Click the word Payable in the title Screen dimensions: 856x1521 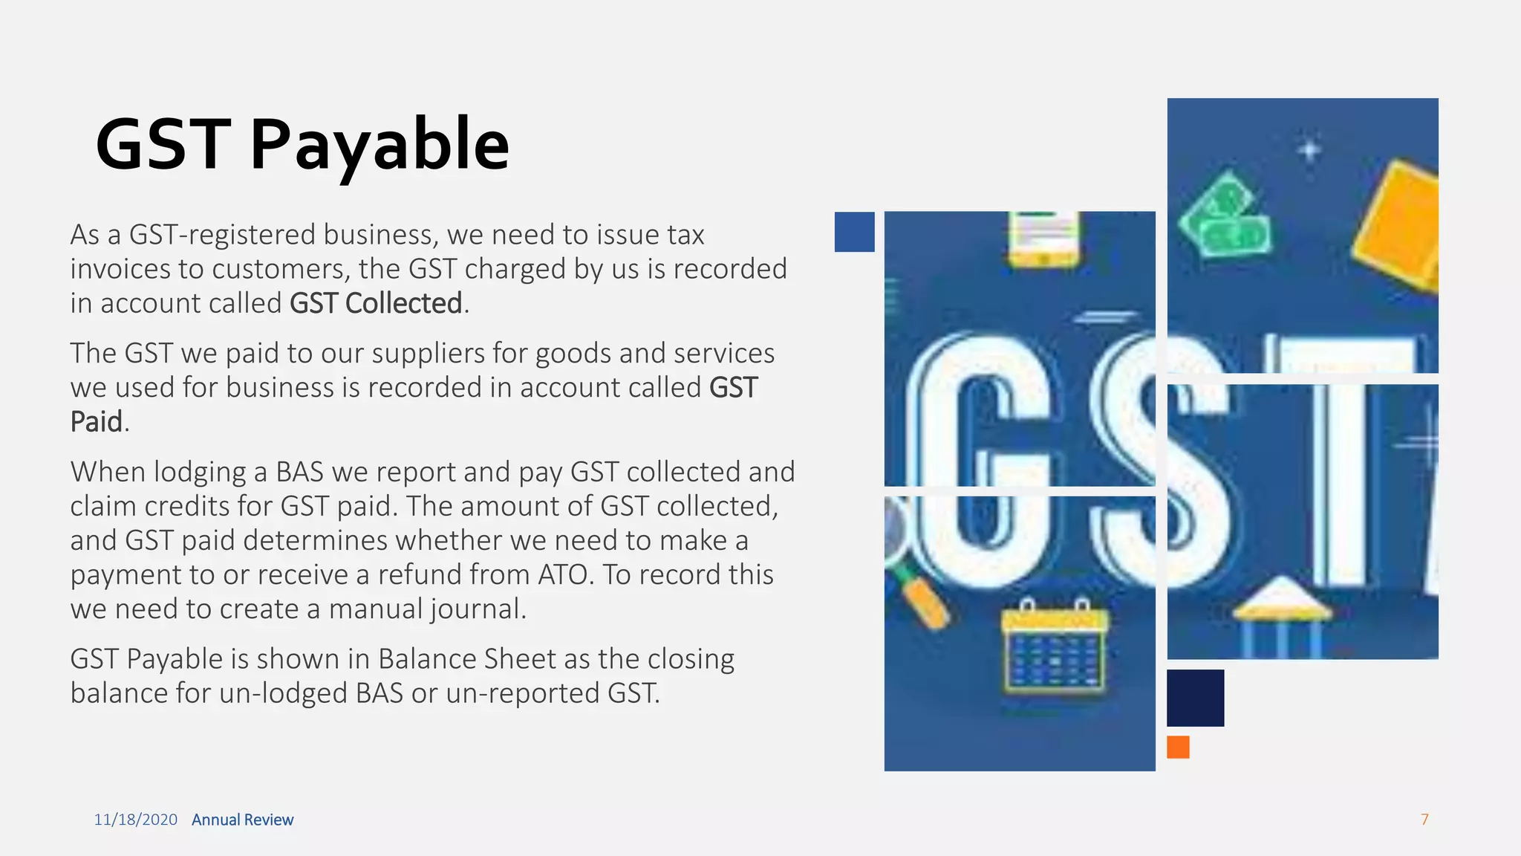[379, 145]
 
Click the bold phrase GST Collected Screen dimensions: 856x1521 [376, 303]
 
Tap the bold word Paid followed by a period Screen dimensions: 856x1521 [96, 422]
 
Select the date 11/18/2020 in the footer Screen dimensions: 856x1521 [135, 820]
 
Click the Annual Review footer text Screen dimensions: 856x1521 [242, 820]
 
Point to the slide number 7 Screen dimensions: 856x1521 [1424, 819]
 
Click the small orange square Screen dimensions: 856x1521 [1178, 747]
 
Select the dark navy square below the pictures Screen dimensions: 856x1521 [1195, 698]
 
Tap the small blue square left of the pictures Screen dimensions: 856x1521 [854, 232]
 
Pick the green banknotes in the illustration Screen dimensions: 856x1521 [1226, 215]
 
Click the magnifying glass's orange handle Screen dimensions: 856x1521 [927, 602]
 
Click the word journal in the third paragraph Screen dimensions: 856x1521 [477, 609]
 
